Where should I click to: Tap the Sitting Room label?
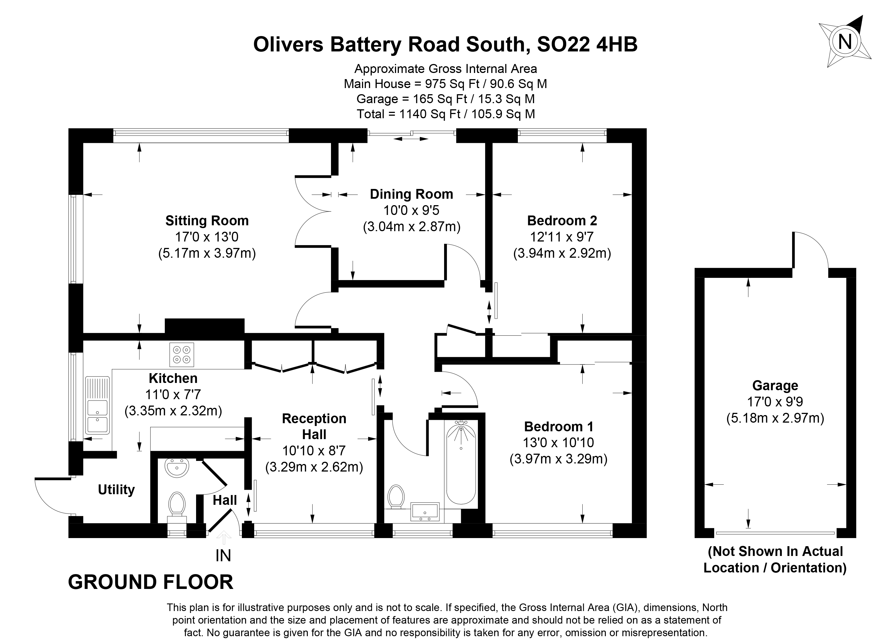[x=207, y=221]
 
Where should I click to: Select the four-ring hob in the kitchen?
[x=182, y=354]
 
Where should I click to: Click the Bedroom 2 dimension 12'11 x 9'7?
[x=562, y=237]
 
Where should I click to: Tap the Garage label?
[x=775, y=385]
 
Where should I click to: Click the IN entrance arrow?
[x=223, y=536]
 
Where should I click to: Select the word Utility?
[x=116, y=489]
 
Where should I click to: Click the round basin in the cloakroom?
[x=177, y=468]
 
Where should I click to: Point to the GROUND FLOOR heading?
[x=151, y=582]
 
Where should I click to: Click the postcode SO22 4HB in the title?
[x=587, y=44]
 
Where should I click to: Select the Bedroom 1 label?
[x=558, y=426]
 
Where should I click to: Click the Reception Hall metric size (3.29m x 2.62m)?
[x=314, y=467]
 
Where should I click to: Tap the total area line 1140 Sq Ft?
[x=445, y=114]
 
